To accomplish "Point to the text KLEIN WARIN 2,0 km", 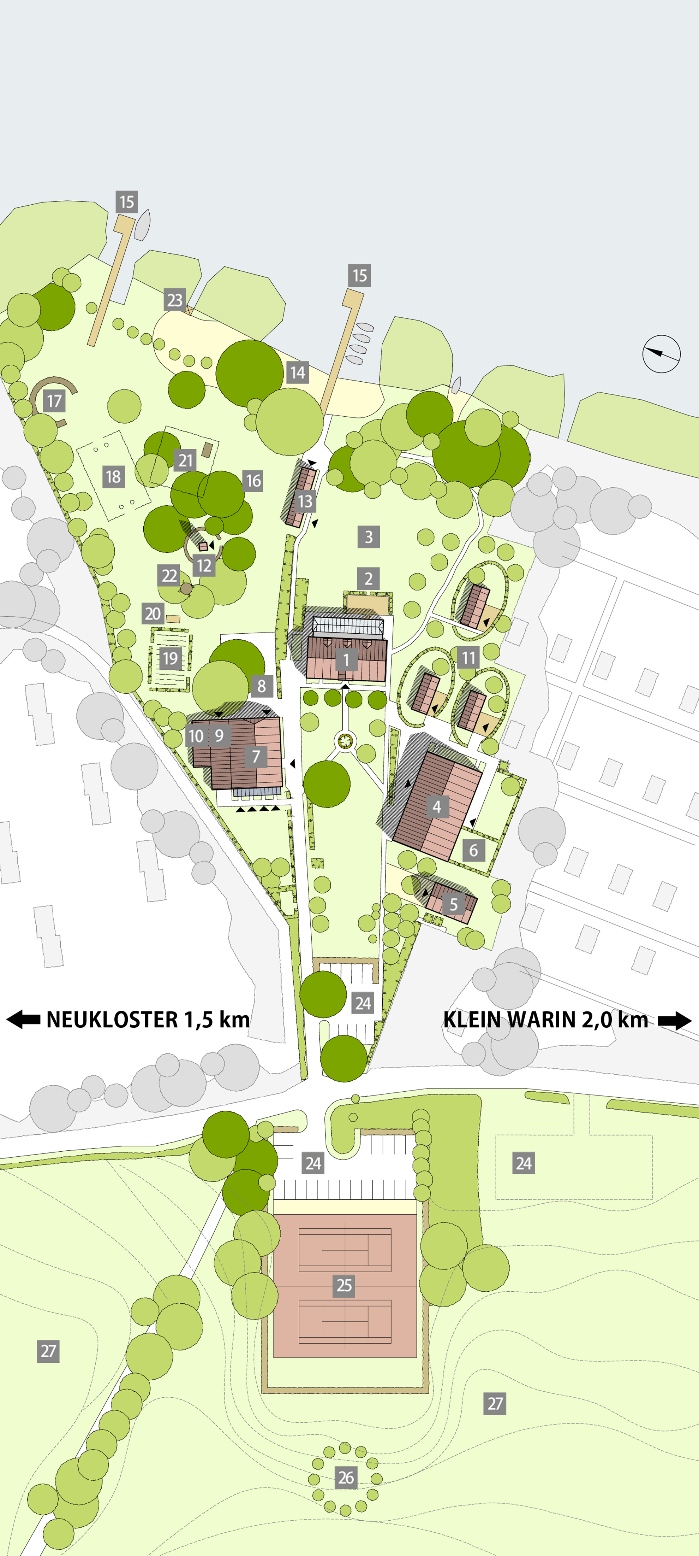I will click(x=545, y=1020).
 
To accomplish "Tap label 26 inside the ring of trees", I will click(x=345, y=1478).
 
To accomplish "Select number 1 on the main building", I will click(x=346, y=659).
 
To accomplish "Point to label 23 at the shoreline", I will click(x=174, y=300).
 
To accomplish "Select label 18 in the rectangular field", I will click(x=113, y=477).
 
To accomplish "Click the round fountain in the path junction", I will click(x=345, y=741).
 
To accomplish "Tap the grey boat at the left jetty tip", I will click(x=143, y=225).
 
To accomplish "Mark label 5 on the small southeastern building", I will click(x=453, y=904).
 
